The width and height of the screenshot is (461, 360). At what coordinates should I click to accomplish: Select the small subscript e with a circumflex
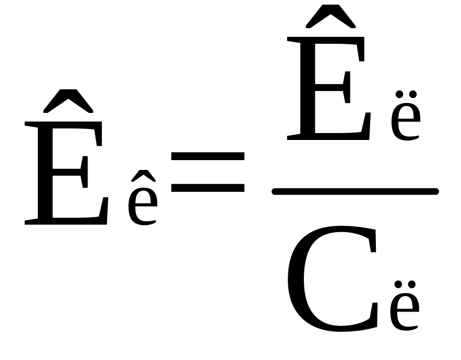[x=142, y=204]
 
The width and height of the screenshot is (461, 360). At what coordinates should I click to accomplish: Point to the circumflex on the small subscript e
[x=142, y=176]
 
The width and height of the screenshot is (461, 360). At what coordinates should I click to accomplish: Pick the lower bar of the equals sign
[x=208, y=187]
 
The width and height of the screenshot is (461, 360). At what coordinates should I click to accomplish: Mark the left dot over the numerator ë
[x=397, y=94]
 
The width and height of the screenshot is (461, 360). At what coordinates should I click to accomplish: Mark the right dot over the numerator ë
[x=413, y=94]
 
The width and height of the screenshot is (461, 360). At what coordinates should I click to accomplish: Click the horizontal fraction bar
[x=355, y=191]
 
